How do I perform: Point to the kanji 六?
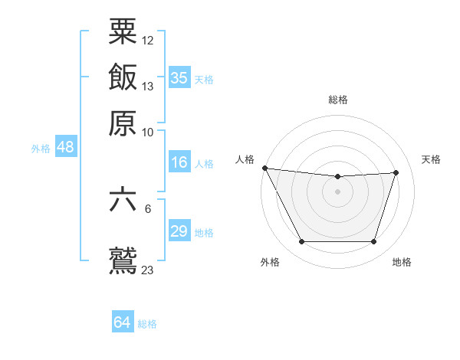point(123,201)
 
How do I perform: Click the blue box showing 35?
point(179,78)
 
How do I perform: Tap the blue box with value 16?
point(179,162)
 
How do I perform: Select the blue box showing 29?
point(179,231)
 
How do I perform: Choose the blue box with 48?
point(65,147)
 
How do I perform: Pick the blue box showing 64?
point(123,322)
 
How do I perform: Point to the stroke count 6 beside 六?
point(148,208)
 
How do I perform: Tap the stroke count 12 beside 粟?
point(148,40)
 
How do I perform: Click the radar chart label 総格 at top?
point(338,100)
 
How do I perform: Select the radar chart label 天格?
point(432,159)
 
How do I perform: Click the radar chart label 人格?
point(245,159)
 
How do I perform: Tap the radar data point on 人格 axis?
point(264,168)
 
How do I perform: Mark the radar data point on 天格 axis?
point(396,173)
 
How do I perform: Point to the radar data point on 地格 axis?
point(373,242)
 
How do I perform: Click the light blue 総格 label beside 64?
point(148,324)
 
